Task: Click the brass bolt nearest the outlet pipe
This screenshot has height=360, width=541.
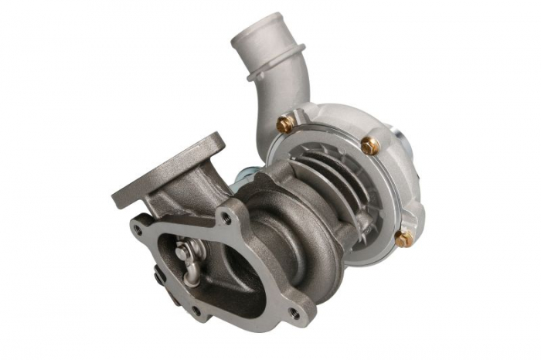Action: coord(286,124)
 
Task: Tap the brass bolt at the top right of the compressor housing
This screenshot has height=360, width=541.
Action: coord(369,145)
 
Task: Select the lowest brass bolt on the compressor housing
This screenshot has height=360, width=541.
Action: coord(403,239)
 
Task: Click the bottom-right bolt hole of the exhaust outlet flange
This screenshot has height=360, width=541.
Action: coord(294,313)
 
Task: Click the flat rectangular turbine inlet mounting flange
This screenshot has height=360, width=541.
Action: coord(166,170)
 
